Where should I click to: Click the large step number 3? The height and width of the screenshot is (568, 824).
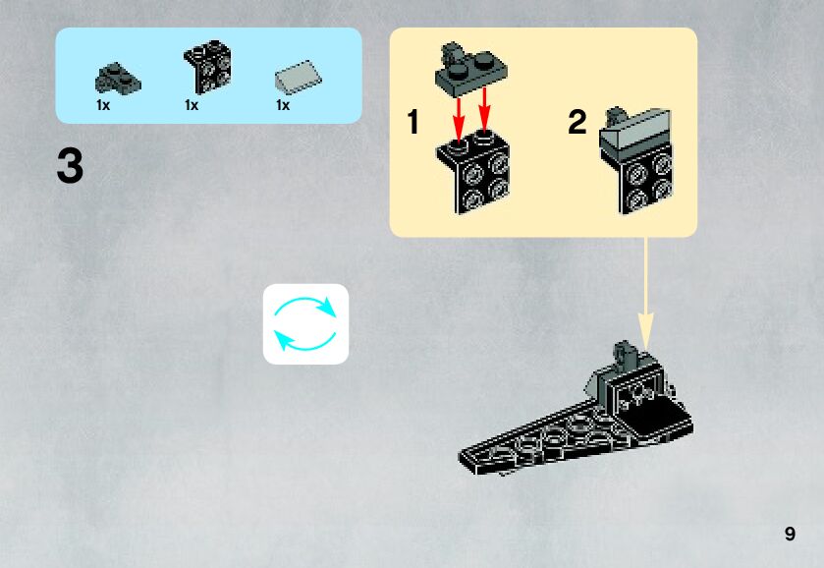click(x=70, y=166)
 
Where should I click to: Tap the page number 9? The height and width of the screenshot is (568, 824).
click(x=790, y=534)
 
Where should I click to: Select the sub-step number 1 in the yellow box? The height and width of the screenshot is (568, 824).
click(x=413, y=123)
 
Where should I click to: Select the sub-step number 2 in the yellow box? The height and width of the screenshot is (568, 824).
click(x=577, y=123)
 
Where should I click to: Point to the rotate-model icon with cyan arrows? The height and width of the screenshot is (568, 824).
click(x=305, y=324)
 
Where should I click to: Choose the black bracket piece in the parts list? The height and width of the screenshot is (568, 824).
click(x=206, y=69)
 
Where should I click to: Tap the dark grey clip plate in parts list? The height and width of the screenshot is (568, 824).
click(x=116, y=76)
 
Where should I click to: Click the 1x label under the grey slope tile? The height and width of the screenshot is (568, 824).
click(x=283, y=105)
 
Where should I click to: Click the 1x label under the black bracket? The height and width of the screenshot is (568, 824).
click(x=192, y=105)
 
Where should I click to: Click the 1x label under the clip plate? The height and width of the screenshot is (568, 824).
click(x=103, y=105)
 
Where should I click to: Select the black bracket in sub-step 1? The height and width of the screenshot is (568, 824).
click(x=475, y=172)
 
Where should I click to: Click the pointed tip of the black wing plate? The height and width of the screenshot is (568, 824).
click(x=464, y=456)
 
